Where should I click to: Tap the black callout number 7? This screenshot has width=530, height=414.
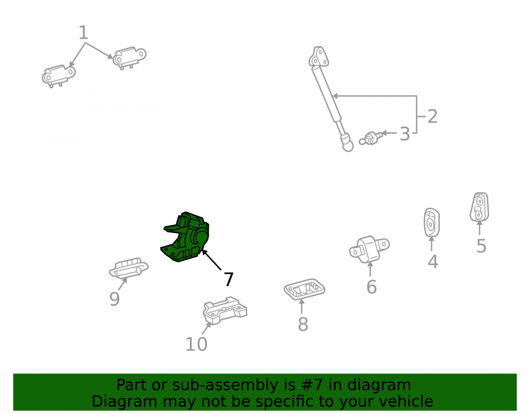[x=229, y=279]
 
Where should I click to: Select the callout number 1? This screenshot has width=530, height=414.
[x=83, y=33]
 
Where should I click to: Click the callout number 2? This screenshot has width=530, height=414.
[x=432, y=117]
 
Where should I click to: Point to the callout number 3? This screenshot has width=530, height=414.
[x=404, y=134]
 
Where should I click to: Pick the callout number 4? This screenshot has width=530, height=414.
[x=433, y=262]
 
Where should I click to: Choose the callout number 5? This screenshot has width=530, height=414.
[x=481, y=246]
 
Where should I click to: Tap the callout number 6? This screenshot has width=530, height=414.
[x=372, y=287]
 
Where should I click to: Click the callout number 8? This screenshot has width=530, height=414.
[x=303, y=324]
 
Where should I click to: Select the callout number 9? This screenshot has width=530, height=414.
[x=114, y=299]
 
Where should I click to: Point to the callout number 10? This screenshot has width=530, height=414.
[x=197, y=345]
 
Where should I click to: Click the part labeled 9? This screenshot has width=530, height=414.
[x=128, y=268]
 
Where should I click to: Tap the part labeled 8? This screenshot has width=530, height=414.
[x=304, y=289]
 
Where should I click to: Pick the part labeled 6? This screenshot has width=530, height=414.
[x=369, y=249]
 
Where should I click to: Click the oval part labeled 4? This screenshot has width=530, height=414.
[x=431, y=223]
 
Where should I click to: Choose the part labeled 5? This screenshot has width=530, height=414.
[x=479, y=207]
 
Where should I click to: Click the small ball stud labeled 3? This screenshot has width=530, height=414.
[x=372, y=138]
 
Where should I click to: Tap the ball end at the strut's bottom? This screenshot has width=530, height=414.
[x=347, y=144]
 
